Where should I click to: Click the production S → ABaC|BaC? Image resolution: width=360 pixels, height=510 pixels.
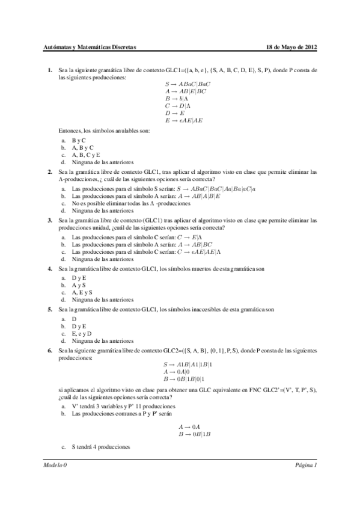[x=188, y=84]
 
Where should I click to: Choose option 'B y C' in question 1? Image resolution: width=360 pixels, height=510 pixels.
[x=79, y=140]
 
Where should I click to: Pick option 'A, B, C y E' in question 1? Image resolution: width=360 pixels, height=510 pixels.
[x=85, y=155]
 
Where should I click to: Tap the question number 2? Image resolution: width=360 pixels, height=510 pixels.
[x=50, y=171]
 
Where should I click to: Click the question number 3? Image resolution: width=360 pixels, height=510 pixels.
[x=50, y=221]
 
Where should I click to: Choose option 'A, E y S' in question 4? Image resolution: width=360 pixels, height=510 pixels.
[x=83, y=292]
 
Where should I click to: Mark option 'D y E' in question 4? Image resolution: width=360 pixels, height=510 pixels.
[x=78, y=277]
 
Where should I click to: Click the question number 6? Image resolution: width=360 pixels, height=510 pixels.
[x=50, y=349]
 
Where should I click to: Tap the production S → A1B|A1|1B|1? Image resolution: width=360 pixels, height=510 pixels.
[x=188, y=365]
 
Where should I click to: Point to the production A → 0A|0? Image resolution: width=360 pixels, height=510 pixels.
[x=180, y=372]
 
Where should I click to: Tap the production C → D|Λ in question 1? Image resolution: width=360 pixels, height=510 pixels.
[x=178, y=105]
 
